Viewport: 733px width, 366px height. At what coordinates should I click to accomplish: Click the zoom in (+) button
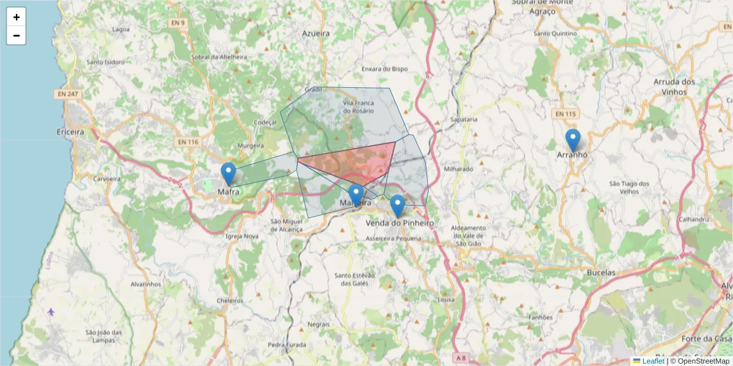[x=16, y=17]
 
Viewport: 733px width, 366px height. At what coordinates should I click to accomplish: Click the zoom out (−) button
[x=16, y=35]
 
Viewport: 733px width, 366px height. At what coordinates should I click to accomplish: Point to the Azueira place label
[x=316, y=34]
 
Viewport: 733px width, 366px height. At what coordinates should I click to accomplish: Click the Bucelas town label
[x=600, y=273]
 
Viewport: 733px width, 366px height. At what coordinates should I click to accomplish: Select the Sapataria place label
[x=463, y=120]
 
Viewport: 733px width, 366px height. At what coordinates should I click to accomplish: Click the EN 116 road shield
[x=188, y=142]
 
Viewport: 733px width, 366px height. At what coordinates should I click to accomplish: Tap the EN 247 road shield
[x=68, y=94]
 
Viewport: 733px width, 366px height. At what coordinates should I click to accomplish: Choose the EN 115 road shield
[x=566, y=114]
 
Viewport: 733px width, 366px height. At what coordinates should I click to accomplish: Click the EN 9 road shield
[x=177, y=23]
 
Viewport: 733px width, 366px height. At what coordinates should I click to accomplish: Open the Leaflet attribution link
[x=653, y=361]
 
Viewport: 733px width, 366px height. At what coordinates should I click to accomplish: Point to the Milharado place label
[x=459, y=169]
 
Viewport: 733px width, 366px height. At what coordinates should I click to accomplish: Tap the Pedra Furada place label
[x=287, y=345]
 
